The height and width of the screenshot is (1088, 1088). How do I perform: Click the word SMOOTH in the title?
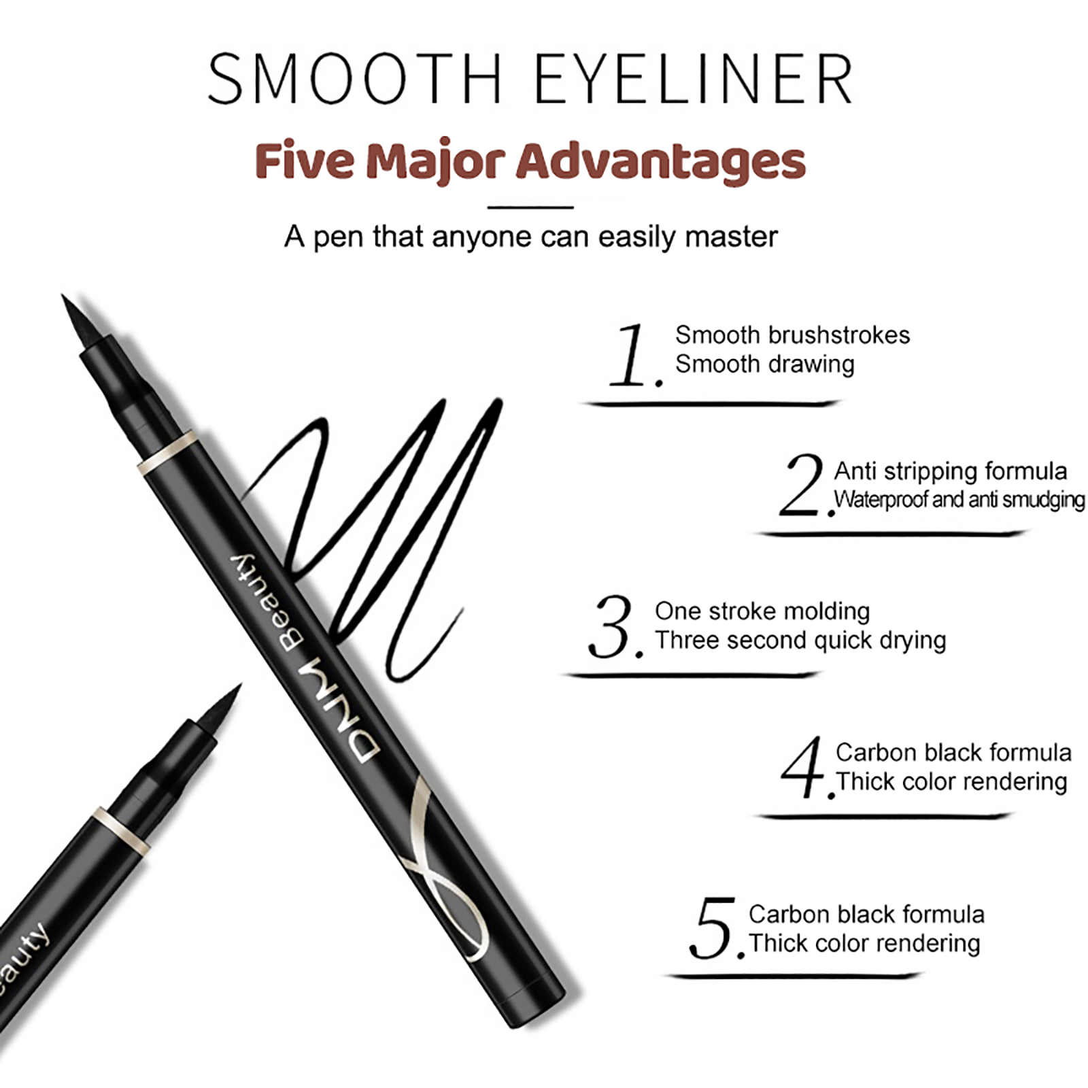(355, 79)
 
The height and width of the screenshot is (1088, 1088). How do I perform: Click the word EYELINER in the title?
(694, 79)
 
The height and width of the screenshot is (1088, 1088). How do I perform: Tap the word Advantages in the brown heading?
(660, 162)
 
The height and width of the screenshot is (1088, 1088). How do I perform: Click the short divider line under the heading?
(530, 207)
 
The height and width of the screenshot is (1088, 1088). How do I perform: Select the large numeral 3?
(614, 627)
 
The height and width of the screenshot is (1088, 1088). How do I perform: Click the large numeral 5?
(715, 928)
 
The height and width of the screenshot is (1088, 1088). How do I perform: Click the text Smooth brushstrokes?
(792, 335)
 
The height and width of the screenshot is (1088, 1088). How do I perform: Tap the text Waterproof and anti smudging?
(959, 500)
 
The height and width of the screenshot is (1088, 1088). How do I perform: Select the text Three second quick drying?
(800, 641)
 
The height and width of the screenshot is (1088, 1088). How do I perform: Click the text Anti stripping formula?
(951, 471)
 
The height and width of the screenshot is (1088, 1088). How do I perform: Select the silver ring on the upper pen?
(167, 452)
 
